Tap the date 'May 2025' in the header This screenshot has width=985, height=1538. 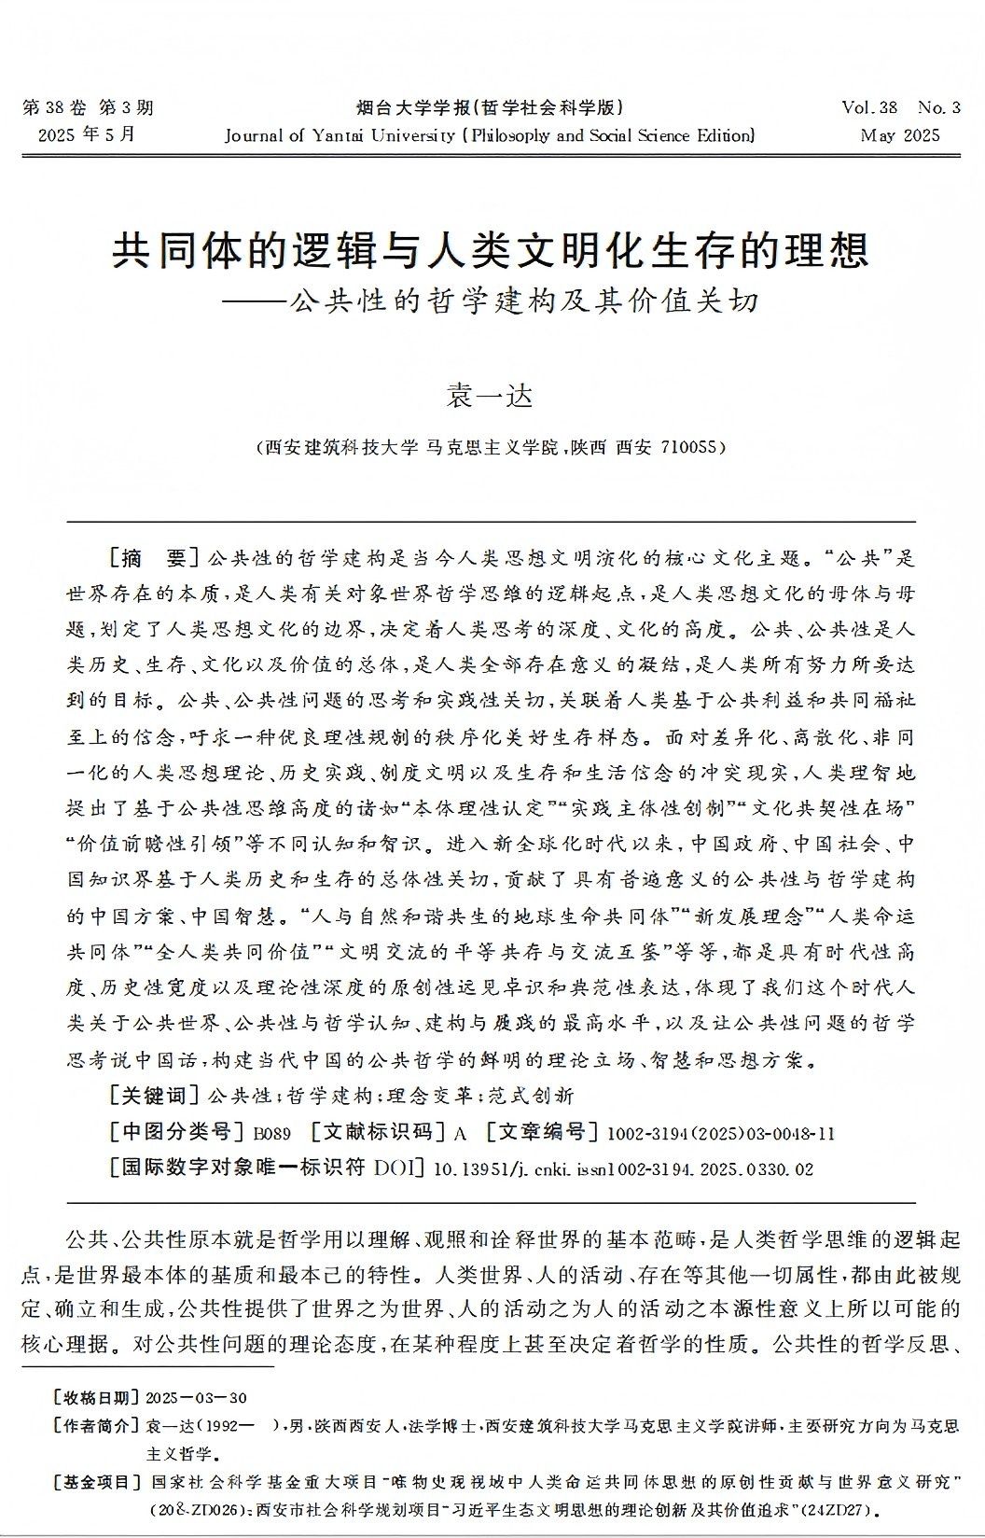coord(900,135)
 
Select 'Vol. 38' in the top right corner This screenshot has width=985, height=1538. coord(868,107)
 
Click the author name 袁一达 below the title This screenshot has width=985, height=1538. coord(492,396)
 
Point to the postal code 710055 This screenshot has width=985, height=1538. coord(692,447)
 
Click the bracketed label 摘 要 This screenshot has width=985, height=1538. coord(155,558)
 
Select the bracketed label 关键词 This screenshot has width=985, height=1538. coord(155,1095)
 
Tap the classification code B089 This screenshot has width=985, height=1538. coord(273,1134)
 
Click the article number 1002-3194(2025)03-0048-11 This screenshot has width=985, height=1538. coord(720,1134)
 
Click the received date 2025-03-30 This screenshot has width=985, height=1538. coord(197,1397)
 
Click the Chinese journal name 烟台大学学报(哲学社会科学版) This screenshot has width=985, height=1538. coord(491,107)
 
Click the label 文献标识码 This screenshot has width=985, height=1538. coord(377,1133)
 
